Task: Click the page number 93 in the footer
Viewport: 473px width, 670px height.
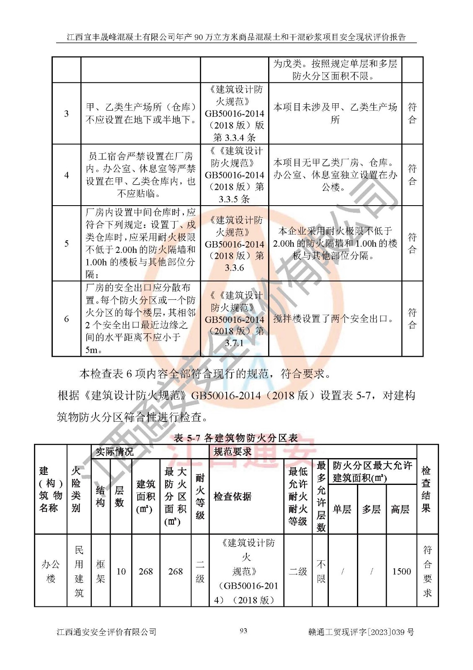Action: (x=243, y=631)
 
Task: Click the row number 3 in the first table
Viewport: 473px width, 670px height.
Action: (x=66, y=113)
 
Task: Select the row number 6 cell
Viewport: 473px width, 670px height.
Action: (x=66, y=319)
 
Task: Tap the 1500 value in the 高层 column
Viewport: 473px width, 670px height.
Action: (x=401, y=571)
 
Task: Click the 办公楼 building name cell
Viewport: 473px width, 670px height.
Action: (x=51, y=571)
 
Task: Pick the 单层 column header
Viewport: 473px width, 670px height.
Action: (x=342, y=509)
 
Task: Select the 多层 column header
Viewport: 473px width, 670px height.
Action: (x=371, y=509)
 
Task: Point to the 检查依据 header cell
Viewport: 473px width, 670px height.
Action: (x=233, y=497)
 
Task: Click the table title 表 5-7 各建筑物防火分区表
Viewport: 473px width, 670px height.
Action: (x=236, y=438)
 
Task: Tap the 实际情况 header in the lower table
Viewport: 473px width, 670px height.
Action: (x=115, y=452)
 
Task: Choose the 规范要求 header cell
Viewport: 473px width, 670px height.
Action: (x=233, y=452)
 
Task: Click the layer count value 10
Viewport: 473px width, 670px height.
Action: (x=121, y=571)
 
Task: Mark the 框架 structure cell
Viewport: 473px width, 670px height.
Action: (x=101, y=571)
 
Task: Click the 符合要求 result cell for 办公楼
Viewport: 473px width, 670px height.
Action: (x=427, y=571)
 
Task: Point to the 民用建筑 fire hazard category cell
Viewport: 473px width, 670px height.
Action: (x=79, y=571)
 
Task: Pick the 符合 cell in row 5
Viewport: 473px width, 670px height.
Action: (x=412, y=243)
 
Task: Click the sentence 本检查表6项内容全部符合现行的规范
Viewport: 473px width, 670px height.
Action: (x=205, y=374)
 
